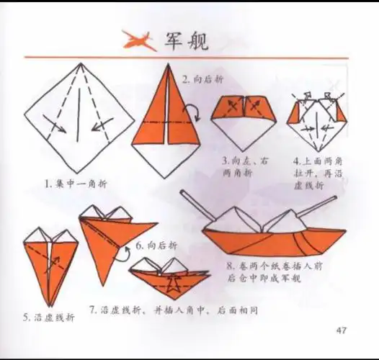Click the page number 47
342,330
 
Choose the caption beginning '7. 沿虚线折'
173,310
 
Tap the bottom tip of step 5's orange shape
50,302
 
